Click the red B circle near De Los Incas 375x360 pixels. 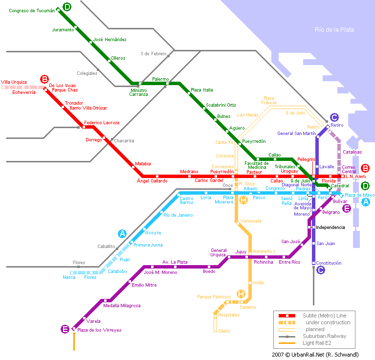coord(44,79)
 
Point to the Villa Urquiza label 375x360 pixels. coord(14,82)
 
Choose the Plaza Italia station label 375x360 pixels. coord(202,90)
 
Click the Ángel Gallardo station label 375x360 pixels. coord(152,181)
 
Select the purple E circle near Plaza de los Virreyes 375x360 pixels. coord(65,329)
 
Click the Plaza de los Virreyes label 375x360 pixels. coord(99,330)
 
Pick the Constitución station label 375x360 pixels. coord(329,263)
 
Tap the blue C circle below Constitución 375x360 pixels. coord(321,270)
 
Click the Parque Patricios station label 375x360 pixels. coord(214,296)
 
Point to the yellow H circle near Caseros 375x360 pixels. coord(241,294)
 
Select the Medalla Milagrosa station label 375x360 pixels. coord(122,306)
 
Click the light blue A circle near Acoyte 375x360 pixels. coord(122,233)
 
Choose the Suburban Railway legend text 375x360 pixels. coord(324,337)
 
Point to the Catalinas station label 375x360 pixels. coord(352,152)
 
